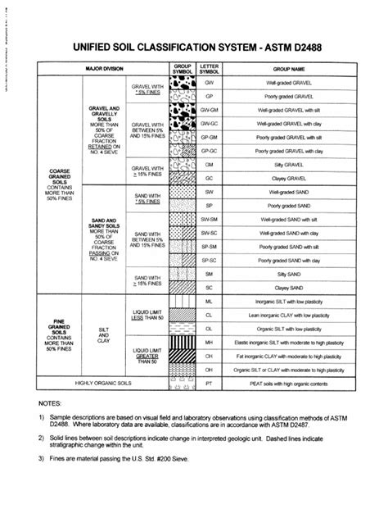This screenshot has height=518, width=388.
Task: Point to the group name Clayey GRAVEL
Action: tap(288, 177)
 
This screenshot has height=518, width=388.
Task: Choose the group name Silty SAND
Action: tap(288, 272)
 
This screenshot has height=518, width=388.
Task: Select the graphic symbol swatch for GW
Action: tap(180, 84)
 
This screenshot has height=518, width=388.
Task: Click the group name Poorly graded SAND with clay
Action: tap(288, 259)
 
